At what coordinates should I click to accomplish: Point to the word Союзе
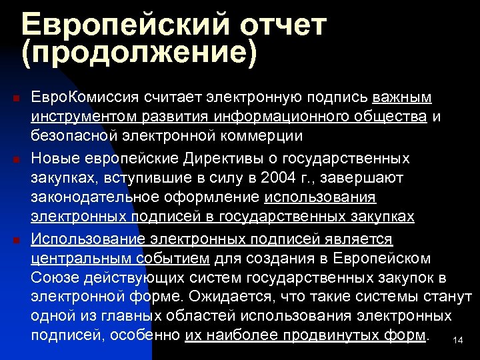coord(52,277)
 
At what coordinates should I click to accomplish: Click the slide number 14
coord(457,341)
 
